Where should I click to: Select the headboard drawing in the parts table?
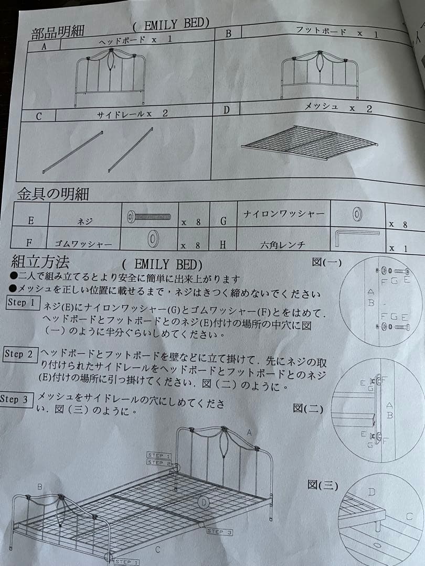(x=111, y=74)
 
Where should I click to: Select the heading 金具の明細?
(x=52, y=194)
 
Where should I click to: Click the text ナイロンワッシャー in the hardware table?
(x=284, y=214)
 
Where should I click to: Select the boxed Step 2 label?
(x=19, y=354)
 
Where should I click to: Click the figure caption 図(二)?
(x=308, y=408)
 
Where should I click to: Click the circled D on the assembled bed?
(x=204, y=503)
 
